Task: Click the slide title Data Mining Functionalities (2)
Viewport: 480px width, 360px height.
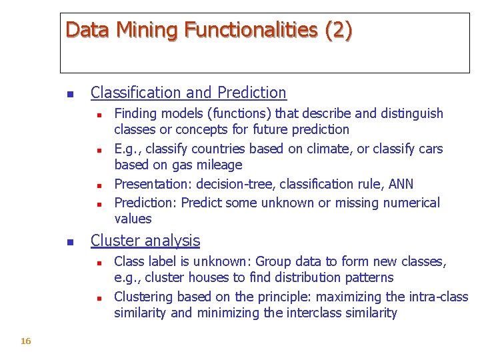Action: tap(209, 30)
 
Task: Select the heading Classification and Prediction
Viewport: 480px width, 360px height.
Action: tap(188, 93)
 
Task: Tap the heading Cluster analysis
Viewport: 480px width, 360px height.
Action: tap(145, 241)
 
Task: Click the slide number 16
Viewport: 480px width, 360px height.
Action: tap(26, 341)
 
